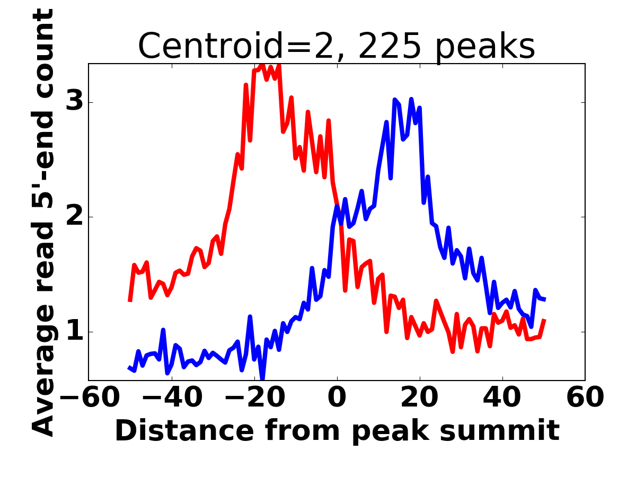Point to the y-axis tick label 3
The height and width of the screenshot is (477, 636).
pos(75,102)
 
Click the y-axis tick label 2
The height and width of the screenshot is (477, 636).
pos(75,217)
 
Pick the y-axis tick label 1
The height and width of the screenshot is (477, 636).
pos(75,332)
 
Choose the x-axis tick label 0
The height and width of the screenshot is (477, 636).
pos(337,397)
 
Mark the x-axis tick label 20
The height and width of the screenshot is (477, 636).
pos(420,397)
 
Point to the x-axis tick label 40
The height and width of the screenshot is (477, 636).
pos(502,397)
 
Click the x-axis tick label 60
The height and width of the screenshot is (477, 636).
pos(585,397)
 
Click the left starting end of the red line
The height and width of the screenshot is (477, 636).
pos(130,301)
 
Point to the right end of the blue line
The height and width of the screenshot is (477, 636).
pos(545,299)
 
